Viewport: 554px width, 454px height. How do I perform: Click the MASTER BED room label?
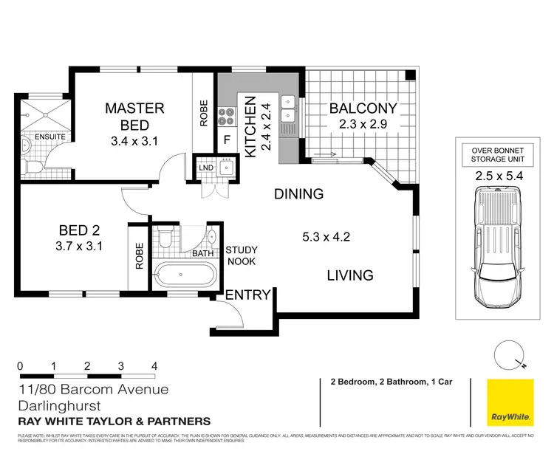(134, 116)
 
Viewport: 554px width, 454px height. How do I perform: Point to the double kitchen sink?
(287, 105)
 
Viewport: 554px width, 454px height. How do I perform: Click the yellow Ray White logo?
(510, 403)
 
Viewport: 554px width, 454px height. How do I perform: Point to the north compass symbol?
(509, 354)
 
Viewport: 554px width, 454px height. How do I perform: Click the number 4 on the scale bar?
(154, 366)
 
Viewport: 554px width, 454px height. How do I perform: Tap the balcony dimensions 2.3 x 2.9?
(363, 125)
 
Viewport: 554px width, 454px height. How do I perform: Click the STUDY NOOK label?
(242, 255)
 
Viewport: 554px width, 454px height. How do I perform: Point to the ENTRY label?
(247, 295)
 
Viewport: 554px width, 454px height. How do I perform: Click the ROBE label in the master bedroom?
(204, 113)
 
